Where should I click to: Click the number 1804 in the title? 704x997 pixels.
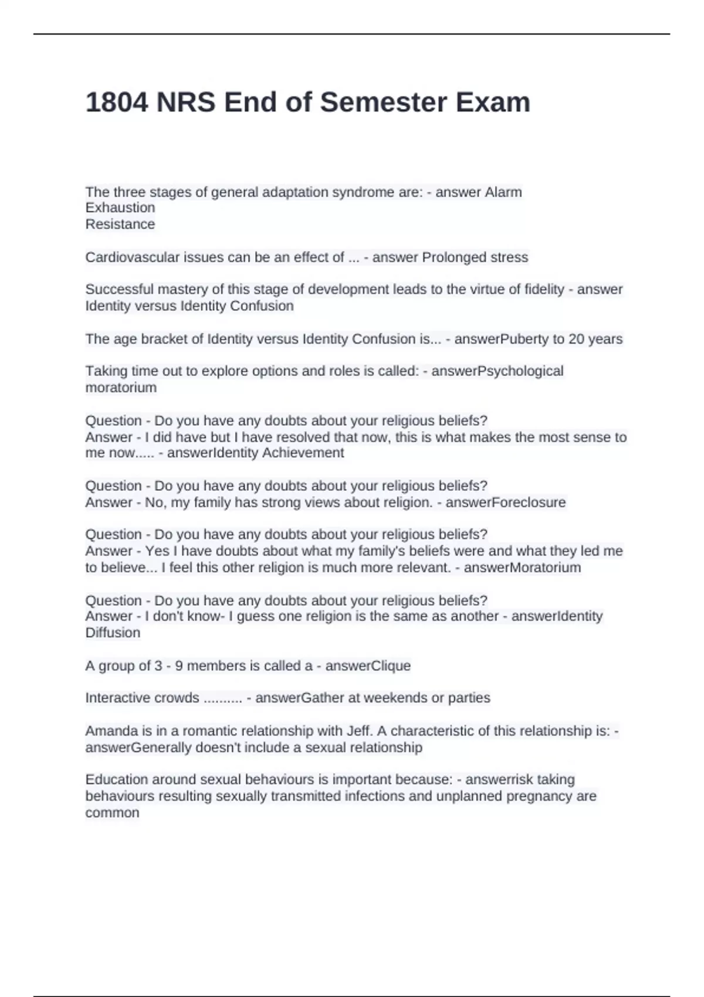[x=117, y=103]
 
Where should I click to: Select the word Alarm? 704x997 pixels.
[x=503, y=192]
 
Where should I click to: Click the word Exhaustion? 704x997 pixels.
[x=120, y=208]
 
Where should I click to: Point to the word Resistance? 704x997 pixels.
[x=120, y=224]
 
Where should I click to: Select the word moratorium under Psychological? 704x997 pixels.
[x=121, y=388]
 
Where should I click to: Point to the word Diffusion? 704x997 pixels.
[x=113, y=633]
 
